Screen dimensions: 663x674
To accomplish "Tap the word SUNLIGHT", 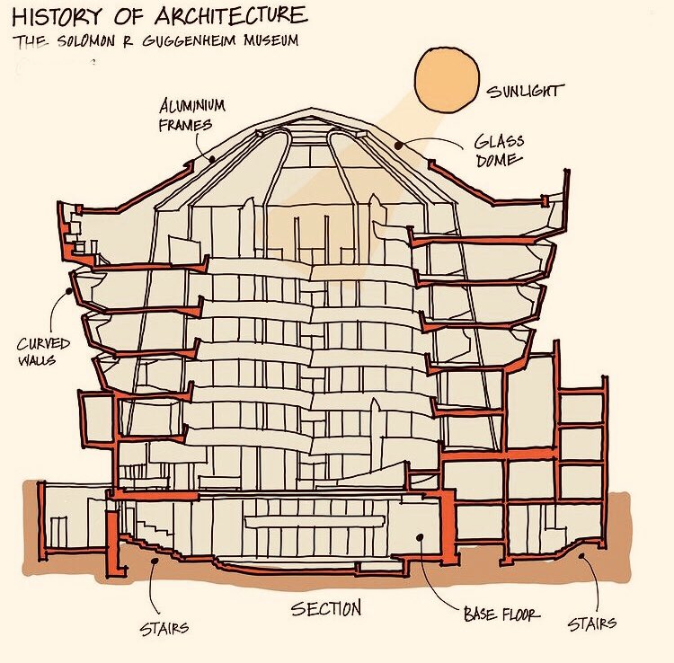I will point(524,91).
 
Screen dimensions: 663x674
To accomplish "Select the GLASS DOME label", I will point(501,151).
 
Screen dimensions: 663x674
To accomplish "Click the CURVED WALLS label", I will point(37,353).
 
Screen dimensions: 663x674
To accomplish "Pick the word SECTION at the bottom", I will point(326,609).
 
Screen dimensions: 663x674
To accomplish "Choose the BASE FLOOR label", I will point(501,615).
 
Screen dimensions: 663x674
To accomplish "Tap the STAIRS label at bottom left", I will point(164,628).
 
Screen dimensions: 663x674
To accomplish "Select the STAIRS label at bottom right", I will point(591,623).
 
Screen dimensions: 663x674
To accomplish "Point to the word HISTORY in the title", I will point(53,16).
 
